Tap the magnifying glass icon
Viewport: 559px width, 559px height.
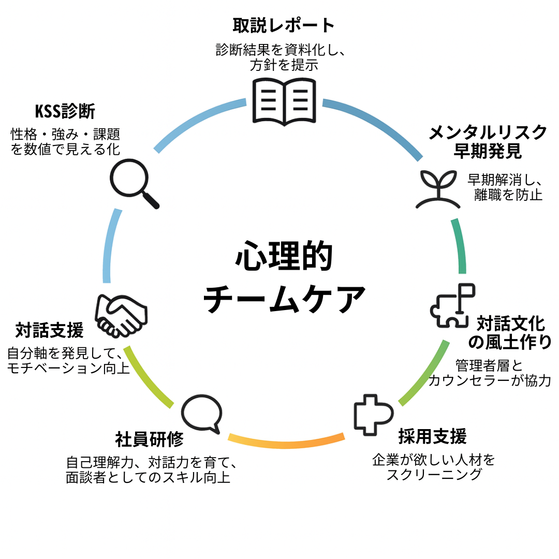click(x=134, y=183)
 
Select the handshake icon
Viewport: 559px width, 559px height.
click(x=121, y=315)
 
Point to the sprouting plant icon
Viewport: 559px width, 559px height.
click(x=437, y=188)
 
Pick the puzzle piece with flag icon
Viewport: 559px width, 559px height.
click(x=452, y=305)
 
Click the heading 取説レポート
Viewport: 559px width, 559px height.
click(x=284, y=25)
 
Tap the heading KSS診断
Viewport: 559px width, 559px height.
click(x=65, y=111)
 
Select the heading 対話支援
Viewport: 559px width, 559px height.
click(x=49, y=329)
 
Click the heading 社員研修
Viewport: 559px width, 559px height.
click(x=150, y=439)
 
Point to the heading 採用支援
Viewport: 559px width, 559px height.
click(x=432, y=436)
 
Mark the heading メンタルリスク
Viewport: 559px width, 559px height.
click(x=488, y=133)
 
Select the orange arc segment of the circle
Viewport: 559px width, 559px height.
click(x=287, y=442)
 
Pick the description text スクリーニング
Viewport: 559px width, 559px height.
click(x=434, y=474)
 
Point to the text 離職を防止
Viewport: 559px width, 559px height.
click(x=508, y=195)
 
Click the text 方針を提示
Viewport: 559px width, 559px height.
click(x=283, y=66)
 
